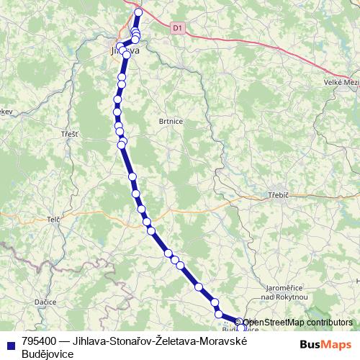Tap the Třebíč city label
point(277,194)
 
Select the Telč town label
point(53,219)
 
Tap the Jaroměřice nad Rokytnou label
point(285,292)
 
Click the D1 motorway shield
point(178,27)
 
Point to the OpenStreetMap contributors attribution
point(297,323)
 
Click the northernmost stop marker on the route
point(139,12)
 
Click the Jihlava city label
point(122,52)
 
